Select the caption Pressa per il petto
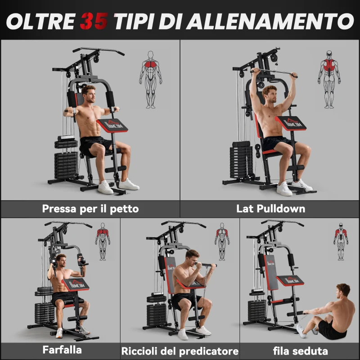tap(90, 209)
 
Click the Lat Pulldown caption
tap(270, 209)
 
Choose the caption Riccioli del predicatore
tap(180, 351)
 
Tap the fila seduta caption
tap(301, 351)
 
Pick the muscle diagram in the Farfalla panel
tap(103, 241)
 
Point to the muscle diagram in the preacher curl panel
tap(222, 241)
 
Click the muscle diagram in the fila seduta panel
tap(341, 241)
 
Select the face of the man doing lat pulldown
tap(270, 95)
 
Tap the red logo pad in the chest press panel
tap(112, 125)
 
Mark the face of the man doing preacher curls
tap(192, 260)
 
